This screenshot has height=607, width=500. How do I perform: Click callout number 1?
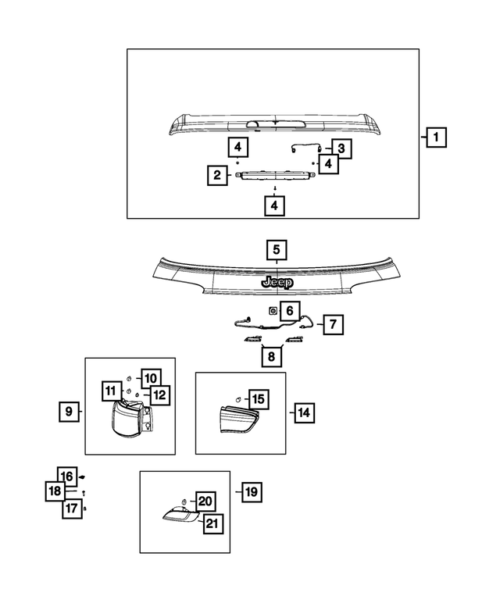436,138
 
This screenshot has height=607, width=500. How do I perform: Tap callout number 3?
341,147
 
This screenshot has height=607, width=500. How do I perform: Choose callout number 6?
288,311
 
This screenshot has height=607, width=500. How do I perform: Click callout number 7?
332,323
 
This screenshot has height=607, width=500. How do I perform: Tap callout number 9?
69,410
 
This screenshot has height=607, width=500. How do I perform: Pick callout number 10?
150,378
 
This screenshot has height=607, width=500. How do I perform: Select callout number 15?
257,399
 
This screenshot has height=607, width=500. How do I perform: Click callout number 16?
68,476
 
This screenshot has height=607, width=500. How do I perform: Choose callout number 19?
251,492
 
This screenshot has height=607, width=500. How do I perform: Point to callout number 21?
212,523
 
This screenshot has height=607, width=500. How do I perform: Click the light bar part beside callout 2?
262,177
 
